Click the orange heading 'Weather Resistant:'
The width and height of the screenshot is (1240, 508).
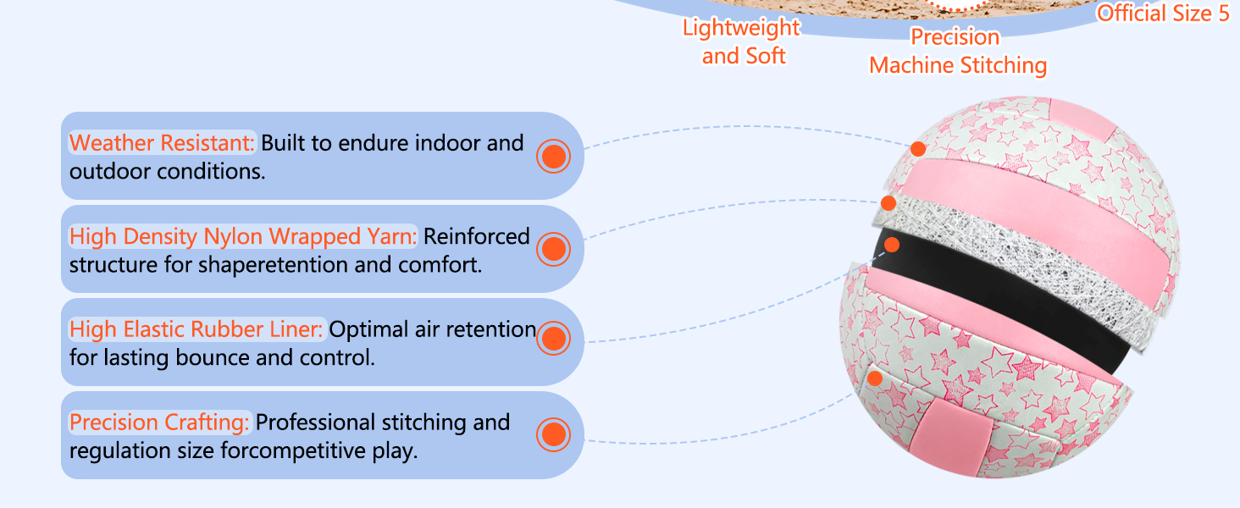point(162,143)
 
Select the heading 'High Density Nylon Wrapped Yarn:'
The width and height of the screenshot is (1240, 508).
point(243,236)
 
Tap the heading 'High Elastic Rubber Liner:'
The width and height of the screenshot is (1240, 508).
point(197,329)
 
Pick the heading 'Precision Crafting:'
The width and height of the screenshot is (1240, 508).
point(160,422)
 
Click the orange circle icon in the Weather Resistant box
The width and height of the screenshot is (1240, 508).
point(553,156)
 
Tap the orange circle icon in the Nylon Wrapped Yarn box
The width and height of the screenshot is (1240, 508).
point(553,249)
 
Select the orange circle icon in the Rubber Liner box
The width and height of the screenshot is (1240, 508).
point(553,339)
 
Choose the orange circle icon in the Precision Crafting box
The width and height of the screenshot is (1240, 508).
point(553,434)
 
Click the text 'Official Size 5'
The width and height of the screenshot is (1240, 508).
point(1163,14)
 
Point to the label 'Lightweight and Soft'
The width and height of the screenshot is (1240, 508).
point(742,41)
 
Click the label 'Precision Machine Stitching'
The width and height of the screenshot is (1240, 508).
point(957,52)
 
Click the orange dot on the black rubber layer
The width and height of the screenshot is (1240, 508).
point(891,245)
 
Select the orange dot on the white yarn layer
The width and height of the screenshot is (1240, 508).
point(888,203)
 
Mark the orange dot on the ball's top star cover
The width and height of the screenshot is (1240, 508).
point(917,149)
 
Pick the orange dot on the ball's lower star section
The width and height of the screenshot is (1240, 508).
point(875,378)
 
